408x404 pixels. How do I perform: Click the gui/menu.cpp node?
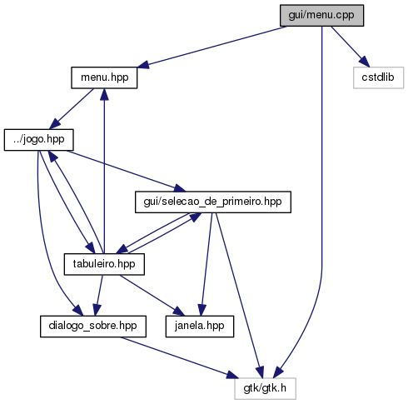(x=321, y=16)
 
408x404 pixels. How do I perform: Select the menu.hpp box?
(x=104, y=77)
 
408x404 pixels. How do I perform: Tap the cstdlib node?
(x=378, y=77)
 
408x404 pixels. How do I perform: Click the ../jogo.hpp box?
(x=39, y=140)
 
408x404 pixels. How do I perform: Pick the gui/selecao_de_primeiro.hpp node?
(x=213, y=202)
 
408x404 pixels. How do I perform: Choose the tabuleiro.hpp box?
(x=104, y=264)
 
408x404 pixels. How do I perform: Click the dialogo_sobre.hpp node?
(x=93, y=327)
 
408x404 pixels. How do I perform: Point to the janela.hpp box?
(x=200, y=327)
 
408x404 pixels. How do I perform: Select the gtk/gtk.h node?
(x=265, y=388)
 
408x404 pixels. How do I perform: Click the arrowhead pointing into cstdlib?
(x=365, y=62)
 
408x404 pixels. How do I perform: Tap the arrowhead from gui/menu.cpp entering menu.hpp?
(x=143, y=64)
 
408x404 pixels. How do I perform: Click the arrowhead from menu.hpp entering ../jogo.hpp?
(x=55, y=123)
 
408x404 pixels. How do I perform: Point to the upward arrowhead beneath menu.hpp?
(x=104, y=95)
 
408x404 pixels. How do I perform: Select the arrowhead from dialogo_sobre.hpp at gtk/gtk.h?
(x=232, y=375)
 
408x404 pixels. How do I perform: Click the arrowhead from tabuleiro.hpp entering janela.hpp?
(x=179, y=312)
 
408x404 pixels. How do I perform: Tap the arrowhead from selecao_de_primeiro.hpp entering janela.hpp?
(x=202, y=310)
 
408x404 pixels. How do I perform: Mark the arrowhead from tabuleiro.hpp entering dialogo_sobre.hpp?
(x=97, y=310)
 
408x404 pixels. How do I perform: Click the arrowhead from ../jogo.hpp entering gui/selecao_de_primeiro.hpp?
(x=179, y=188)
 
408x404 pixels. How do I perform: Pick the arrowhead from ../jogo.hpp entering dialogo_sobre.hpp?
(x=77, y=311)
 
